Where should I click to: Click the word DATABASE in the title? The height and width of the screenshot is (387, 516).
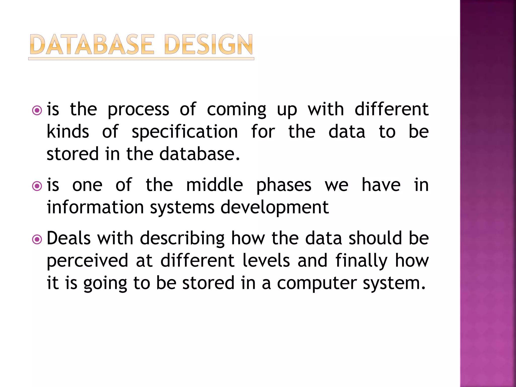tap(91, 45)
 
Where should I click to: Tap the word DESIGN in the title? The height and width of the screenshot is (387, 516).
tap(208, 45)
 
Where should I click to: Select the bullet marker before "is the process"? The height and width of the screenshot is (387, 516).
tap(37, 110)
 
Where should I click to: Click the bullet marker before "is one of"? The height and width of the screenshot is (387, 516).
tap(37, 186)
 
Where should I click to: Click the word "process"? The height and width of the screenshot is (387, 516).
tap(138, 110)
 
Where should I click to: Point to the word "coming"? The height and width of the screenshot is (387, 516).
tap(236, 110)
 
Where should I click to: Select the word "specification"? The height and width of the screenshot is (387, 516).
tap(185, 132)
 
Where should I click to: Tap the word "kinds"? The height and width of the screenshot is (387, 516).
tap(68, 132)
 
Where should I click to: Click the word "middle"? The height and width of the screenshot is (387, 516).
tap(214, 185)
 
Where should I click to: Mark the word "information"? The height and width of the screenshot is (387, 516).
tap(95, 207)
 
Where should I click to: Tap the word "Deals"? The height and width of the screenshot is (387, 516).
tap(69, 238)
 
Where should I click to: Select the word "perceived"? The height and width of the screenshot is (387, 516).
tap(87, 261)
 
